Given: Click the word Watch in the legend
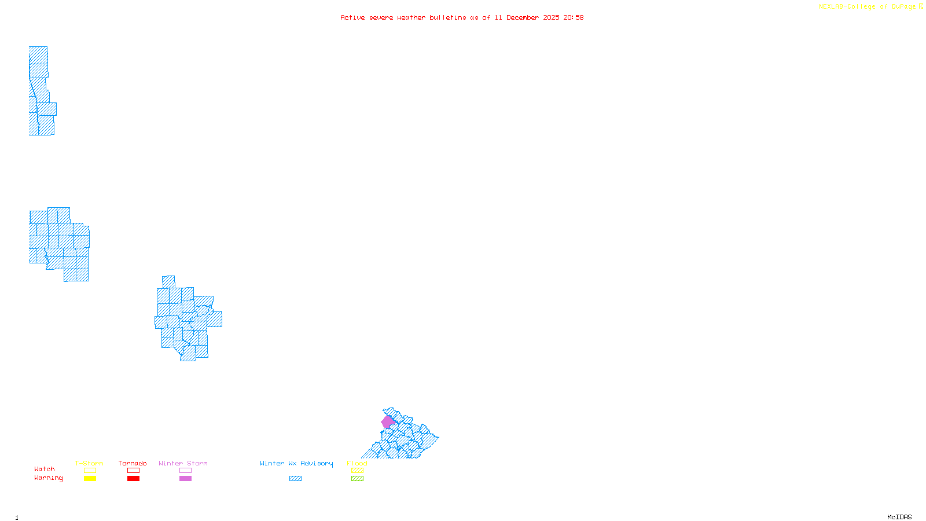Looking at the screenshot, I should point(45,469).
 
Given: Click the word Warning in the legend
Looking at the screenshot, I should point(48,478).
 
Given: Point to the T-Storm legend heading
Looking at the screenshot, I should point(89,463).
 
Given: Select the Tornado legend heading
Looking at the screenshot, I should point(133,463).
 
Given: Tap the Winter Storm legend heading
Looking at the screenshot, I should point(183,463).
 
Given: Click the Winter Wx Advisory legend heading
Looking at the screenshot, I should point(296,463).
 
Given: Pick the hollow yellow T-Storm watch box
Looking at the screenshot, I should point(90,471).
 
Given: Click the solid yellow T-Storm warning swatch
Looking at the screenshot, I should point(90,479).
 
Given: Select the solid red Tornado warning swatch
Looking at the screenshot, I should point(134,479).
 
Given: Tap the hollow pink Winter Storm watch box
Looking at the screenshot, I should point(185,471).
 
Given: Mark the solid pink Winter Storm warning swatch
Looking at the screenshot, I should point(185,479).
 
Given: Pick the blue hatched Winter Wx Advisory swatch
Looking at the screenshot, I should point(295,479).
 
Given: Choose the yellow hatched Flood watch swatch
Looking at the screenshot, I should point(357,471).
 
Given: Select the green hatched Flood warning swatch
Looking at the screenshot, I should point(357,479).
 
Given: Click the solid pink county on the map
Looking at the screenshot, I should point(387,422).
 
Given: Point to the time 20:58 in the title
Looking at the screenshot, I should point(574,17).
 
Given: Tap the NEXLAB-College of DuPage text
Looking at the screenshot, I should point(868,7).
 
